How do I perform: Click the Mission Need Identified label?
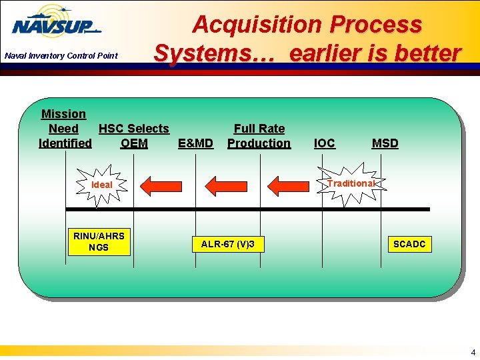(x=65, y=129)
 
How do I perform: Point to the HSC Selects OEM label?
(x=134, y=136)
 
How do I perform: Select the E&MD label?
(x=195, y=143)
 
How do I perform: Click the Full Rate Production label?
(x=259, y=136)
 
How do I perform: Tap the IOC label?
(x=324, y=143)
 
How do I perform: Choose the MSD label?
(x=385, y=143)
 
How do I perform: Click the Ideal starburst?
(x=102, y=185)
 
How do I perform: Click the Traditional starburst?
(x=351, y=183)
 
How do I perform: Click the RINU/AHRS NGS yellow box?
(x=99, y=241)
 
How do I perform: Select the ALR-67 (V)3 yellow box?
(x=227, y=245)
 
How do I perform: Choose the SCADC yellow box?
(x=409, y=245)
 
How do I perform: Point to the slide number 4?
(x=473, y=352)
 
